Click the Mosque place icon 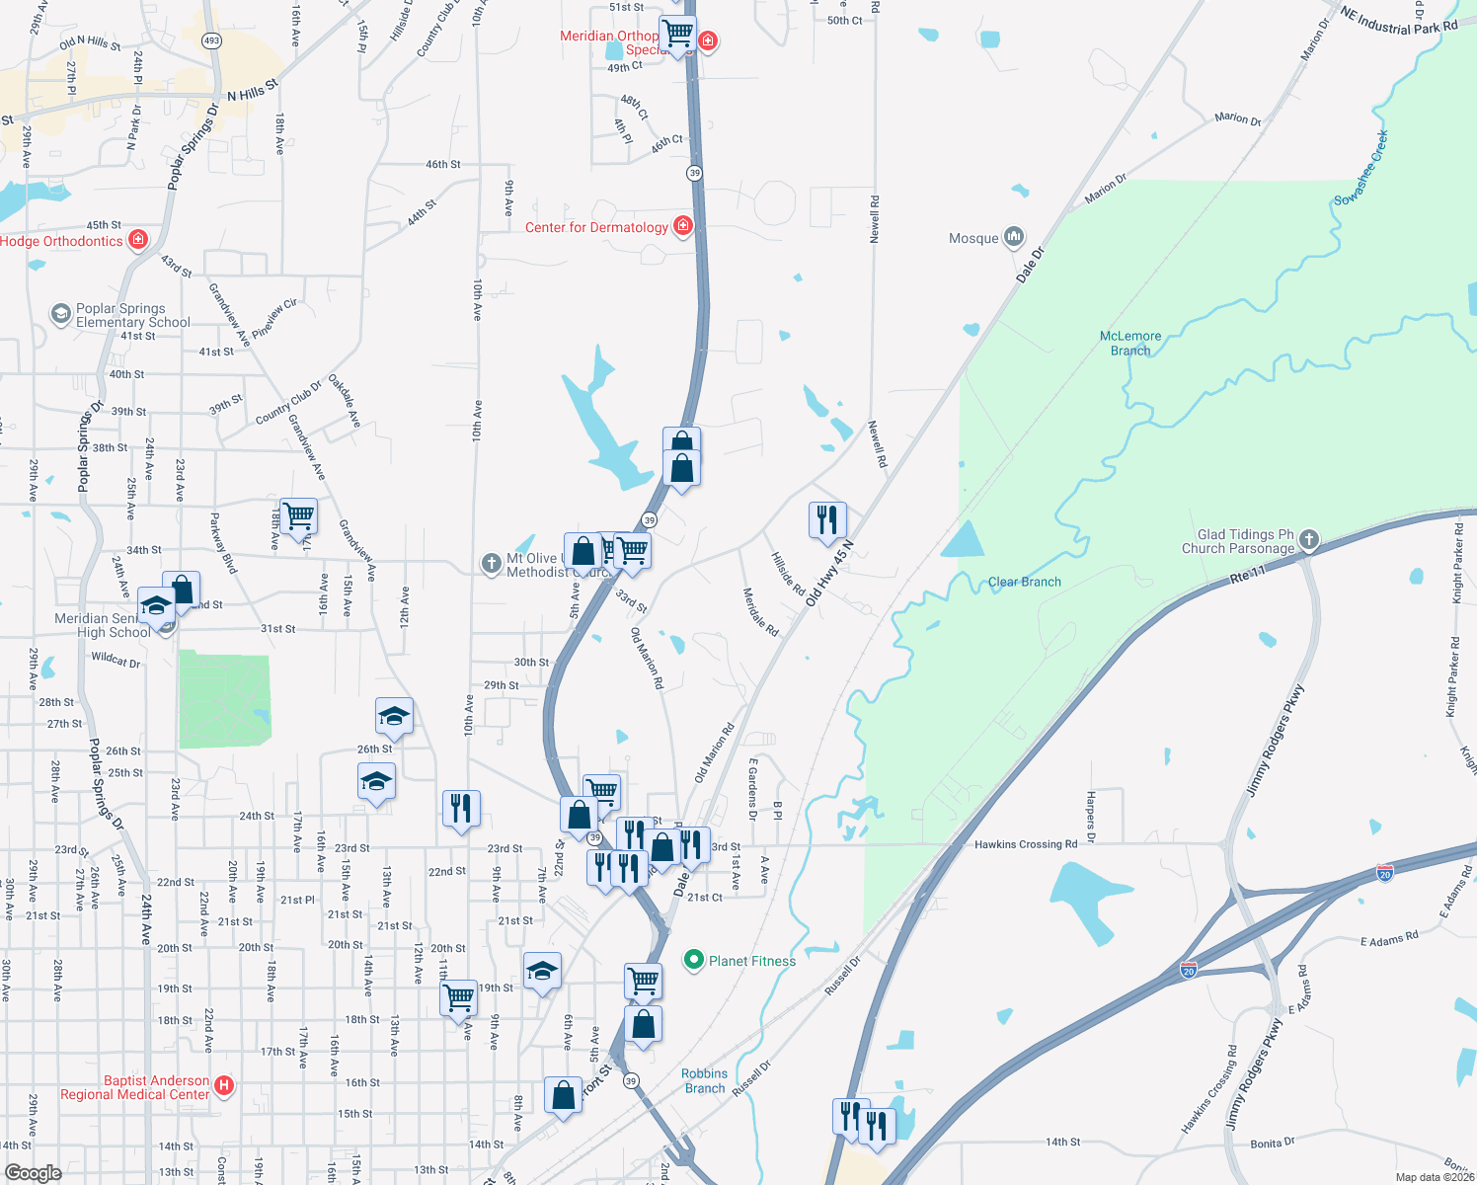pyautogui.click(x=1014, y=237)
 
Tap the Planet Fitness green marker pyautogui.click(x=694, y=960)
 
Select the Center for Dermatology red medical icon pyautogui.click(x=682, y=226)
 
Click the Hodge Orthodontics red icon pyautogui.click(x=138, y=239)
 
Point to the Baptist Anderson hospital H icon pyautogui.click(x=224, y=1086)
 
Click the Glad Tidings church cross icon pyautogui.click(x=1309, y=539)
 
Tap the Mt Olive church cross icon pyautogui.click(x=491, y=563)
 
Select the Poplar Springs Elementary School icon pyautogui.click(x=61, y=314)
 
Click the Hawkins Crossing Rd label pyautogui.click(x=1026, y=844)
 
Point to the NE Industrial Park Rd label pyautogui.click(x=1398, y=21)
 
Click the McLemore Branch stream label pyautogui.click(x=1130, y=343)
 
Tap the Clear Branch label pyautogui.click(x=1024, y=582)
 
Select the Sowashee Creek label pyautogui.click(x=1361, y=168)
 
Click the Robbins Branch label pyautogui.click(x=704, y=1080)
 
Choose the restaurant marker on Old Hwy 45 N pyautogui.click(x=827, y=517)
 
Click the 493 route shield pyautogui.click(x=211, y=40)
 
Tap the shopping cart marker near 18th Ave pyautogui.click(x=298, y=514)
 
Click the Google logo pyautogui.click(x=33, y=1172)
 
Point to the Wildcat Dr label pyautogui.click(x=116, y=659)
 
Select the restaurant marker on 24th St pyautogui.click(x=461, y=807)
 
